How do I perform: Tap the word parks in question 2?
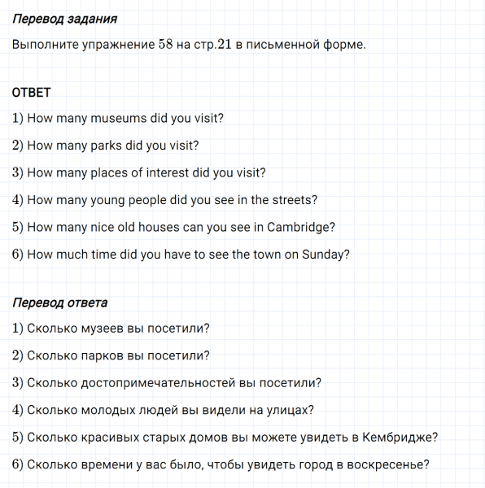coord(110,146)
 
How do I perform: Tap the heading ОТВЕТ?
coord(32,93)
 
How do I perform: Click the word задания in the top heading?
coord(90,18)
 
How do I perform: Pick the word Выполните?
coord(44,44)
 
